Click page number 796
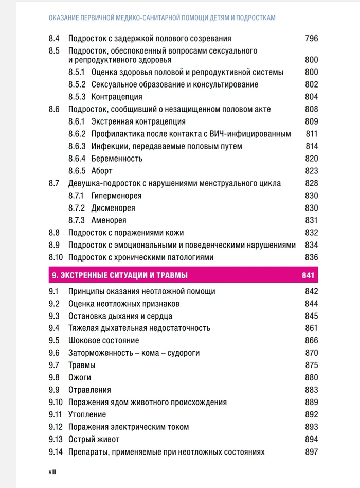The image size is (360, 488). [311, 39]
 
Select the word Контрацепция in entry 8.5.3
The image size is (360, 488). [117, 97]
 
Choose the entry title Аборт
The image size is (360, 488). [102, 171]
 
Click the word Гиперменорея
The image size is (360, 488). [116, 196]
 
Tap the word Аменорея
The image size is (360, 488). [109, 220]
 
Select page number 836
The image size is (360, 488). [311, 257]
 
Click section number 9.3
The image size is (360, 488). [54, 316]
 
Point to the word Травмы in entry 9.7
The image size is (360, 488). [82, 365]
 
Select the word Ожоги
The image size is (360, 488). [80, 378]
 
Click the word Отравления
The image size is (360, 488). [89, 390]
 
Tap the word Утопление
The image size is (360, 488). [87, 415]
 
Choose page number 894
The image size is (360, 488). [311, 440]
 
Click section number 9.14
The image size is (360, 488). [56, 452]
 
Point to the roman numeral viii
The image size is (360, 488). [53, 471]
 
